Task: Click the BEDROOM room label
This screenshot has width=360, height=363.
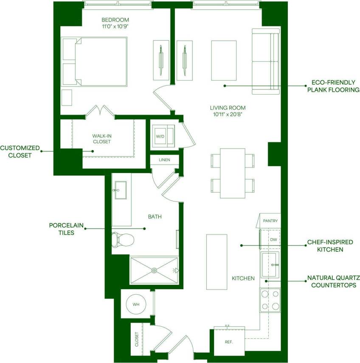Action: (115, 20)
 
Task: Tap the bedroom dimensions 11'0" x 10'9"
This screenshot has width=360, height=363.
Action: (115, 26)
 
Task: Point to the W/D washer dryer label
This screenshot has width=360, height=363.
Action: (160, 137)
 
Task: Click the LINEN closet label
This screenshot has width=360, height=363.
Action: (164, 160)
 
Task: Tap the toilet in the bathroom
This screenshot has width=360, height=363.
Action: (122, 240)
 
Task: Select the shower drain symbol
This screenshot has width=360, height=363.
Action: (154, 270)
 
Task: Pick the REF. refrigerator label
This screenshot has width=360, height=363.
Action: (228, 342)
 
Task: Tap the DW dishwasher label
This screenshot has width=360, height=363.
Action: (273, 240)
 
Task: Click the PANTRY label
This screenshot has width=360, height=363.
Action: (270, 221)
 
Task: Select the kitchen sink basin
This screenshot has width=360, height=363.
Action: (270, 264)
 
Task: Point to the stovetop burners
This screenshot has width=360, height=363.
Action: (270, 300)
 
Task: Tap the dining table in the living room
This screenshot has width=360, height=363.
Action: (233, 173)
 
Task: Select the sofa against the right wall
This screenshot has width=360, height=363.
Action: (265, 61)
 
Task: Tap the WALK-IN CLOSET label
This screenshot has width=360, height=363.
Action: (101, 139)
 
